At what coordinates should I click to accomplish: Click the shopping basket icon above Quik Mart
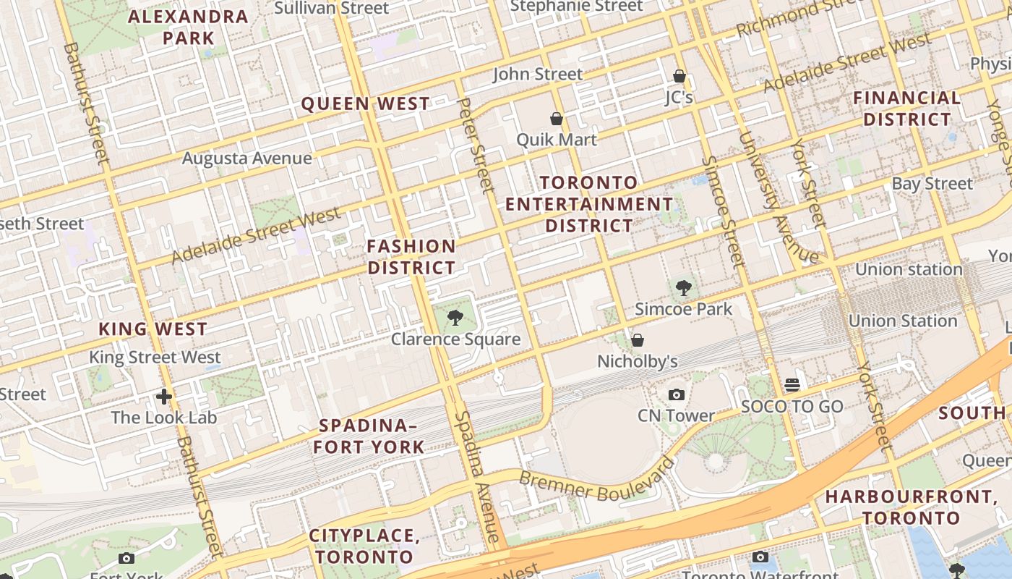point(557,119)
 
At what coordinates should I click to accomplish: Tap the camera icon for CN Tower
point(677,394)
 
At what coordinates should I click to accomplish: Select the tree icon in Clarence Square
point(455,317)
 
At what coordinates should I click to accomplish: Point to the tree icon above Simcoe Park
point(683,288)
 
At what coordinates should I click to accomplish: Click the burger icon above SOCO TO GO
point(792,384)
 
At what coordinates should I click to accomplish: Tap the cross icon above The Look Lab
point(164,396)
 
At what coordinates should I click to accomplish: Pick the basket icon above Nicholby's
point(638,339)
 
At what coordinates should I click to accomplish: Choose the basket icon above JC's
point(679,75)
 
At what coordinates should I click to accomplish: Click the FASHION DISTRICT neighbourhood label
point(411,257)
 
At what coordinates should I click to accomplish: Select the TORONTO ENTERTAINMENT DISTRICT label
point(589,204)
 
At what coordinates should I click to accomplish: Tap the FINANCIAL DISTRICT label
point(907,109)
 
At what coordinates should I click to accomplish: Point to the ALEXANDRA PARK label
point(188,28)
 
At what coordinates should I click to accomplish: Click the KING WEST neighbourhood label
point(153,329)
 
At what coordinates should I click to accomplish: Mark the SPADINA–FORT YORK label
point(369,436)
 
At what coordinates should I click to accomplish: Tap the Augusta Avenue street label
point(247,158)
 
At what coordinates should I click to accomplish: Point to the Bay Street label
point(932,184)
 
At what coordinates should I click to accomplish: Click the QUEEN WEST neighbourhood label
point(365,104)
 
